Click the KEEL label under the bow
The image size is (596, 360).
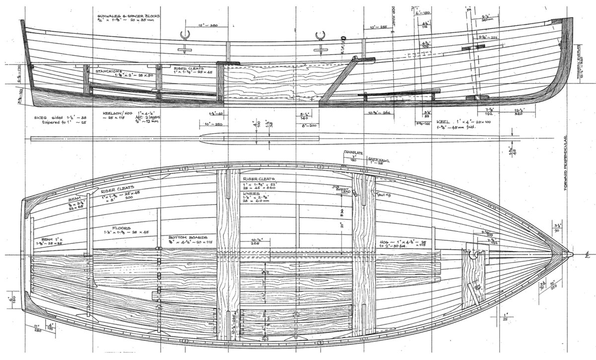tap(443, 121)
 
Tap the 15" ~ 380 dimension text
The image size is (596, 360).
tap(207, 25)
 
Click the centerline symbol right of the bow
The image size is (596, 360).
tap(587, 255)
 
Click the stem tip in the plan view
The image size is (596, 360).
tap(570, 254)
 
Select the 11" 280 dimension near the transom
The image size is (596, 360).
tap(38, 328)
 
